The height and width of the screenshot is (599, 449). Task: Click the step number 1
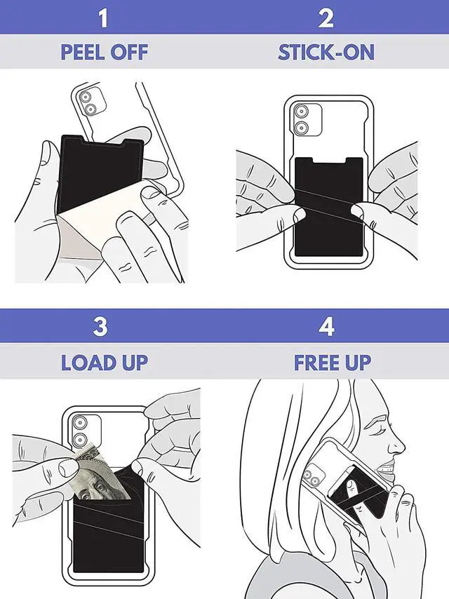coord(103,18)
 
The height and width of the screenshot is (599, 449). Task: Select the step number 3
coord(103,327)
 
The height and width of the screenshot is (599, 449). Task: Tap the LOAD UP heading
coord(104,362)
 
